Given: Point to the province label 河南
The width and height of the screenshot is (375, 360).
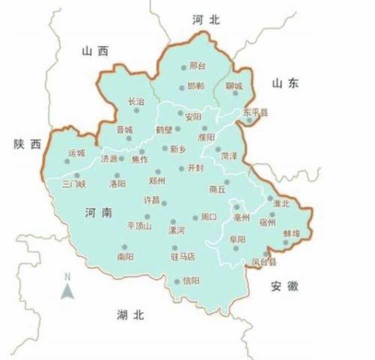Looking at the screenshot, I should (98, 213).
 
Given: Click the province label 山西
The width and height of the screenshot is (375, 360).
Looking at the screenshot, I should (95, 51).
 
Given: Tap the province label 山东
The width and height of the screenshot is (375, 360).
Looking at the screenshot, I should (285, 84).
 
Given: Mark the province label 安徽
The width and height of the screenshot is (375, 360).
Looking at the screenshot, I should (284, 286).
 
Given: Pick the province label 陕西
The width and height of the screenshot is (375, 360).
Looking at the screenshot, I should (27, 144).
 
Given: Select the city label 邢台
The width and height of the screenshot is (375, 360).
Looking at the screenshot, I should (197, 65).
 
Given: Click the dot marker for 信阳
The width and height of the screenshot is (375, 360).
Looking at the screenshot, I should (176, 282).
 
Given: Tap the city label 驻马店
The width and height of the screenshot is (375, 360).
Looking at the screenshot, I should (182, 257).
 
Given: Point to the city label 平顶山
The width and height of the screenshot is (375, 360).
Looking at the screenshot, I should (139, 225).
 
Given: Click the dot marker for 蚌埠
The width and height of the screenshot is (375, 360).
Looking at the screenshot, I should (285, 243).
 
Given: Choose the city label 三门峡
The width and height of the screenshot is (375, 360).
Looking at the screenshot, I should (74, 183).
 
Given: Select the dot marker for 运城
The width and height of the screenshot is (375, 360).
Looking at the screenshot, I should (67, 161).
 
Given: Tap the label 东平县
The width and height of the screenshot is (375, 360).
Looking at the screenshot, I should (255, 112).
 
